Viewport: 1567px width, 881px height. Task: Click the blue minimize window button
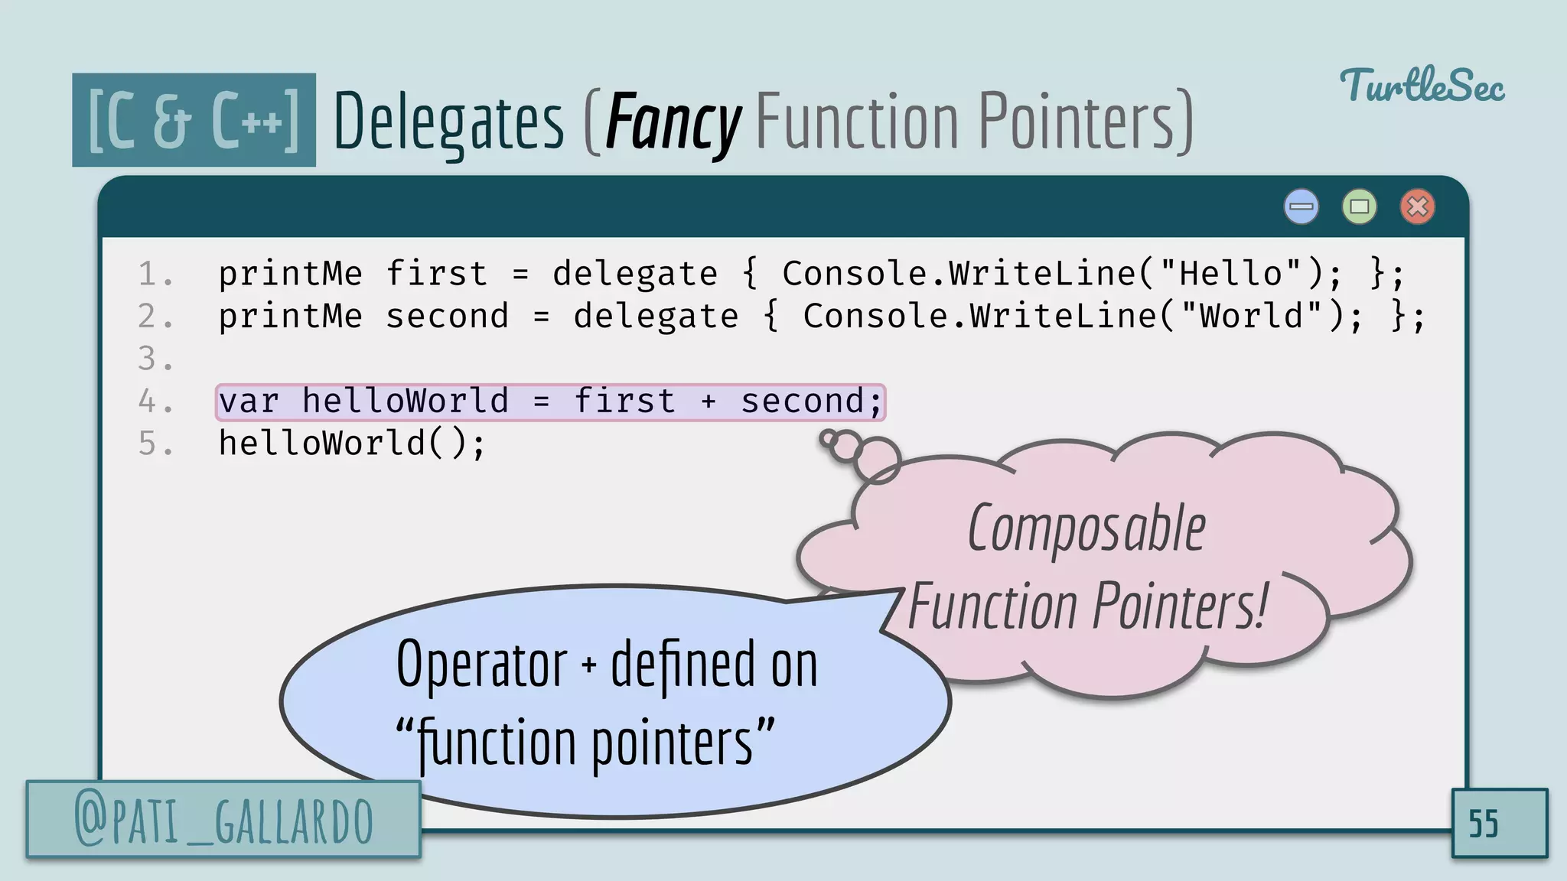1301,206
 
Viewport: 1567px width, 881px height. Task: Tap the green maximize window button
1359,206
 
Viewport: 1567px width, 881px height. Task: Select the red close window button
1417,206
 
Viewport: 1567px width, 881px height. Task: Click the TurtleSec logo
1422,86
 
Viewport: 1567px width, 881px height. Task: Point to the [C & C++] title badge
194,120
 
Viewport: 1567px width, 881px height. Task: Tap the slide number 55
1483,824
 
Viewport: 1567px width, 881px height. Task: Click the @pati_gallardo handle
223,821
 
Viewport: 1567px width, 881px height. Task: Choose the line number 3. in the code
155,359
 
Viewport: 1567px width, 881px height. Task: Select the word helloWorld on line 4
405,401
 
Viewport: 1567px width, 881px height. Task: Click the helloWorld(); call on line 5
351,444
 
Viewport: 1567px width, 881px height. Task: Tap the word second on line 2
447,316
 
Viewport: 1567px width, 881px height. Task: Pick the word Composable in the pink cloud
1086,529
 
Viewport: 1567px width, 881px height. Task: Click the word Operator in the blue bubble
482,664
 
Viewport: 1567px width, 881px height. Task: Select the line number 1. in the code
155,274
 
